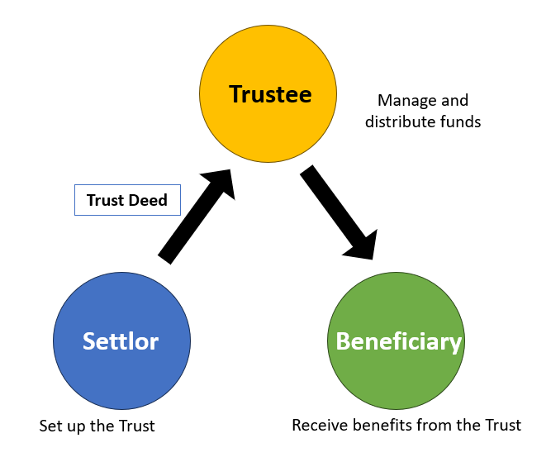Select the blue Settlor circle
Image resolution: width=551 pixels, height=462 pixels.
tap(121, 341)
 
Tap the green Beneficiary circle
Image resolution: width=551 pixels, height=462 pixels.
tap(396, 341)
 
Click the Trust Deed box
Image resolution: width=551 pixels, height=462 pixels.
tap(126, 200)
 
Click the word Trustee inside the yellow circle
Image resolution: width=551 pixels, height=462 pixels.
tap(270, 94)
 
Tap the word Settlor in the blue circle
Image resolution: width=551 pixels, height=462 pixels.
tap(120, 341)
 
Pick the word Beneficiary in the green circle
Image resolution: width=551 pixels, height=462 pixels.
tap(397, 341)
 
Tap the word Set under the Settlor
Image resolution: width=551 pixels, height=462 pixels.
tap(50, 427)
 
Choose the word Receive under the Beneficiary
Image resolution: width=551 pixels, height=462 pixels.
tap(319, 426)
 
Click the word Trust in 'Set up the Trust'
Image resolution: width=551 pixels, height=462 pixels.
tap(136, 427)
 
